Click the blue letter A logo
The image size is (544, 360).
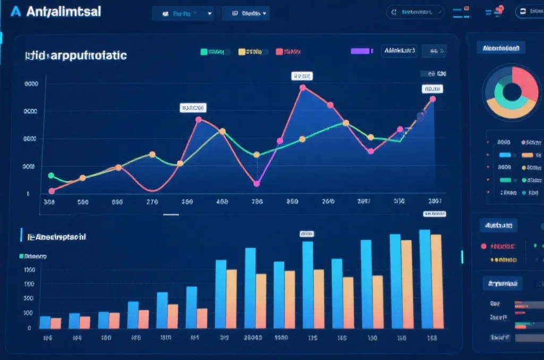click(16, 12)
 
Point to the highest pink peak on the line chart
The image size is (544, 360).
click(303, 88)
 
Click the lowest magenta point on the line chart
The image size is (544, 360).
click(257, 184)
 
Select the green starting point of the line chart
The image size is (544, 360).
click(51, 176)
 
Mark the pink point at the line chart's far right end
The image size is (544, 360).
click(433, 99)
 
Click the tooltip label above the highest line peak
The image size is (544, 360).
click(302, 76)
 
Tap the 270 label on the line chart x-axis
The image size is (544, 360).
click(152, 202)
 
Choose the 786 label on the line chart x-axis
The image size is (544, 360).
click(257, 202)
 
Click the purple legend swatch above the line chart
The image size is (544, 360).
click(360, 51)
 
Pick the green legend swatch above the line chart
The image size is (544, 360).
click(203, 52)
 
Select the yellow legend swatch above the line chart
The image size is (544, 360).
click(242, 52)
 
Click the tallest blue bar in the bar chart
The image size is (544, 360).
click(424, 279)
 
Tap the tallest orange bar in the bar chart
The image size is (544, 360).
click(436, 281)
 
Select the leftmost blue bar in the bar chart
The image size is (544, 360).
click(45, 322)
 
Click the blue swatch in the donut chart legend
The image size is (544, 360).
click(505, 155)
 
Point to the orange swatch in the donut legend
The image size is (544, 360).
click(527, 155)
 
